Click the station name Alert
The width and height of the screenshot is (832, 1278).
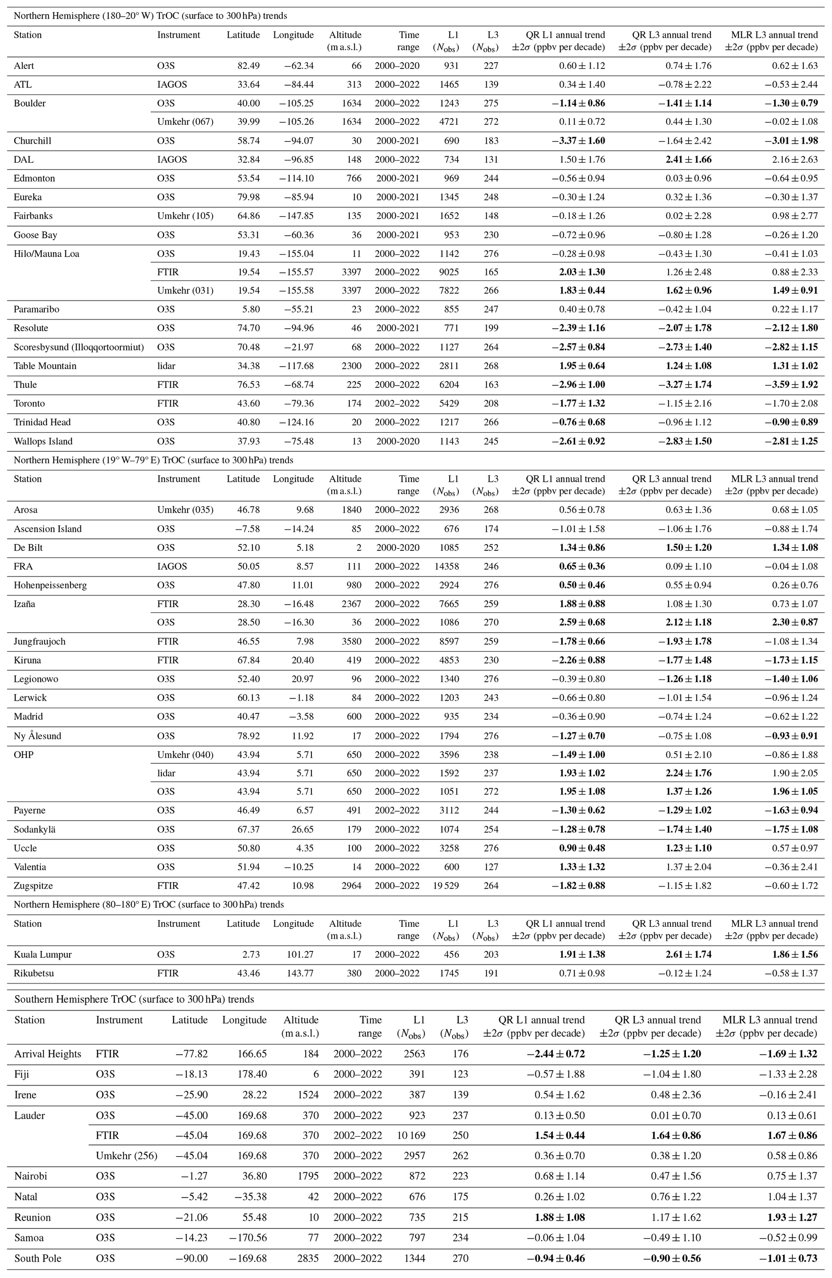click(x=24, y=66)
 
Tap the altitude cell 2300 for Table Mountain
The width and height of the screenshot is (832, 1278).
click(x=351, y=366)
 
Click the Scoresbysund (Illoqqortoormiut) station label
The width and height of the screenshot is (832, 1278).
click(x=79, y=347)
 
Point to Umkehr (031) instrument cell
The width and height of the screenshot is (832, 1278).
click(x=185, y=290)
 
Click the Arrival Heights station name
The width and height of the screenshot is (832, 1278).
click(x=48, y=1054)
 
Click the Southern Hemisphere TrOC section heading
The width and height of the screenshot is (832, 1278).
click(x=134, y=999)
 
